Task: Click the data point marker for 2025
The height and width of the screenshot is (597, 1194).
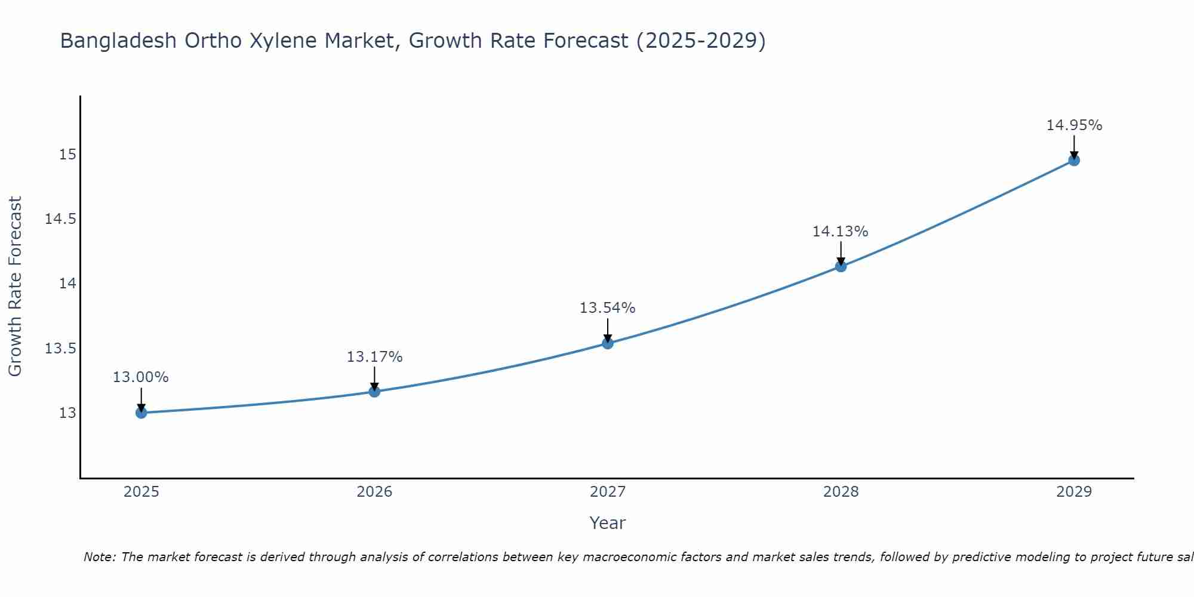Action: pyautogui.click(x=141, y=413)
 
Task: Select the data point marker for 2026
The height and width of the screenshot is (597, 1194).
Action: pyautogui.click(x=374, y=392)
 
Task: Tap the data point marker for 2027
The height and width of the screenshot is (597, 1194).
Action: pyautogui.click(x=608, y=343)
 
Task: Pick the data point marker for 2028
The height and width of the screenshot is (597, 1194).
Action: pyautogui.click(x=841, y=266)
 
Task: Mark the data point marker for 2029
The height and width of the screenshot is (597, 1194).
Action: pyautogui.click(x=1074, y=160)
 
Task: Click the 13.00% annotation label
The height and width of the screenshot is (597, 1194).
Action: pyautogui.click(x=141, y=377)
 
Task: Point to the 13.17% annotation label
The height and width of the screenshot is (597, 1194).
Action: pyautogui.click(x=374, y=357)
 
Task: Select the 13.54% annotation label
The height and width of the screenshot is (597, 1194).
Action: pyautogui.click(x=608, y=308)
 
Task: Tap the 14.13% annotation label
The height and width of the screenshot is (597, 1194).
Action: pyautogui.click(x=841, y=232)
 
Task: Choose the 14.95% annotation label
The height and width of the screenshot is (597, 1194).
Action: pyautogui.click(x=1074, y=125)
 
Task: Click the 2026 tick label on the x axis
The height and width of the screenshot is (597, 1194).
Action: pyautogui.click(x=374, y=492)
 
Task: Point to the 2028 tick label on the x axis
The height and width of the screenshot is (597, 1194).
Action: pyautogui.click(x=841, y=492)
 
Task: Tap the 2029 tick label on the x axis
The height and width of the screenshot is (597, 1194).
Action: pyautogui.click(x=1074, y=492)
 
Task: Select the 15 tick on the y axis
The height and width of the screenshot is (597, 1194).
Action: pyautogui.click(x=67, y=155)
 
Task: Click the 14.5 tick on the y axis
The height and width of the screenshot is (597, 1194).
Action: pyautogui.click(x=61, y=219)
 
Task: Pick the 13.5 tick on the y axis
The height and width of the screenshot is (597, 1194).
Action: pyautogui.click(x=61, y=348)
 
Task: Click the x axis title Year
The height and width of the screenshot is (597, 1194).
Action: pyautogui.click(x=607, y=523)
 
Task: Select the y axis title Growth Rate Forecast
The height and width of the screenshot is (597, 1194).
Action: pyautogui.click(x=16, y=286)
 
